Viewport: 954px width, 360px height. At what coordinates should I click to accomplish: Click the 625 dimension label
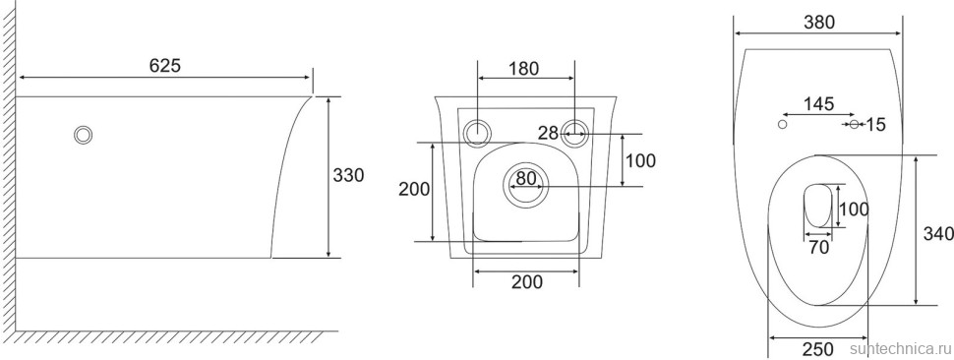[x=165, y=66]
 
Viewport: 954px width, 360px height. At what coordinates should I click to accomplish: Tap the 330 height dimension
[x=348, y=175]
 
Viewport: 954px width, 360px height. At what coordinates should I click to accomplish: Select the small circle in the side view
[x=83, y=135]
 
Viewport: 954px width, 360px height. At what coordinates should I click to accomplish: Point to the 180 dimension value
[x=524, y=69]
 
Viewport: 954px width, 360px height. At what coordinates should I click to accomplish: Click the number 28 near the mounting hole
[x=549, y=133]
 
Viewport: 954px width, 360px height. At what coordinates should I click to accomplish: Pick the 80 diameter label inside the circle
[x=527, y=179]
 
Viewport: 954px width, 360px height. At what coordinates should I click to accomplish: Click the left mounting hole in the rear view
[x=478, y=133]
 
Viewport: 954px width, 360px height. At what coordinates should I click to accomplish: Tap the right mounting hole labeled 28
[x=575, y=133]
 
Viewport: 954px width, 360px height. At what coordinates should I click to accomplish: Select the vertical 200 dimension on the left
[x=414, y=189]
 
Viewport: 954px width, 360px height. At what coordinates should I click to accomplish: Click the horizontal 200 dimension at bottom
[x=527, y=281]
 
